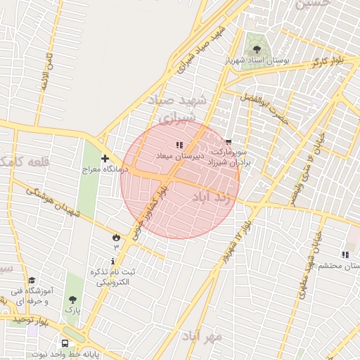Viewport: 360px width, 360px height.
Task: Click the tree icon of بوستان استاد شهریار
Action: (256, 50)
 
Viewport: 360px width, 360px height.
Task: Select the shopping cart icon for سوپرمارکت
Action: (229, 142)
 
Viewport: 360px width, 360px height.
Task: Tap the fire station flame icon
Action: (115, 237)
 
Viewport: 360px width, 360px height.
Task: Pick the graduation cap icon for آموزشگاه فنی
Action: (30, 281)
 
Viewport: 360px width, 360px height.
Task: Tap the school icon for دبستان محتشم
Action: (345, 255)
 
